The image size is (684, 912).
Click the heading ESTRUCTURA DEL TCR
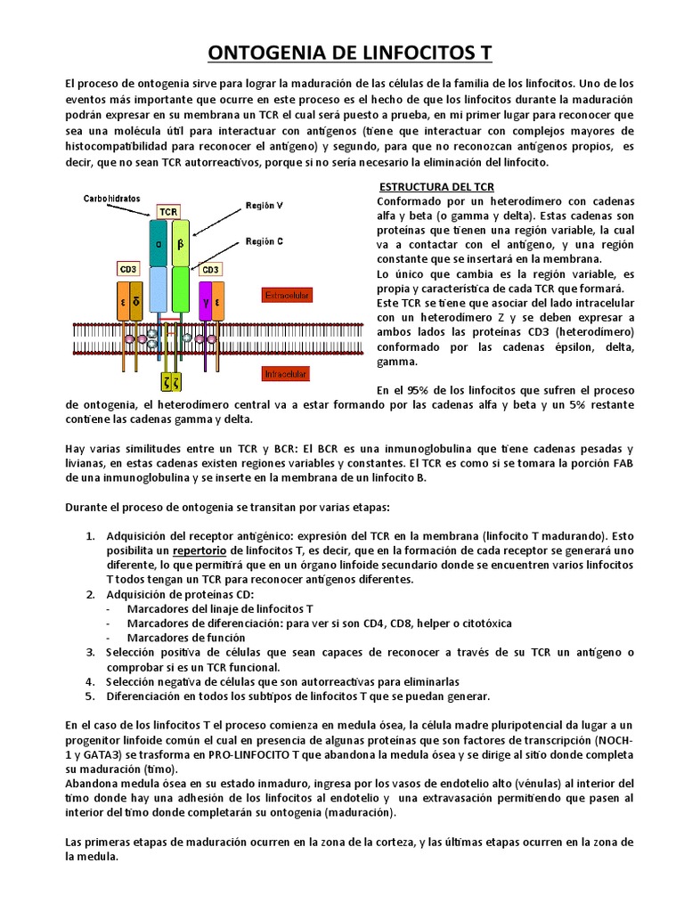tap(436, 187)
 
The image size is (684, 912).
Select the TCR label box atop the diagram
tap(168, 212)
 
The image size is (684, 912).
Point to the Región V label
tap(265, 205)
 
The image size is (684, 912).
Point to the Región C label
tap(265, 241)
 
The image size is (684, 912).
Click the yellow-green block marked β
tap(181, 243)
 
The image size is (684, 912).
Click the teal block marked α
tap(159, 243)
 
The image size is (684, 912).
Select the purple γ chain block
tap(205, 302)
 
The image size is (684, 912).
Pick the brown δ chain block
tap(135, 302)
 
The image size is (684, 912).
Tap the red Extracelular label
tap(286, 294)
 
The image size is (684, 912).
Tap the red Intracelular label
tap(285, 374)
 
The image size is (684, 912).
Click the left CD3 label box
tap(128, 268)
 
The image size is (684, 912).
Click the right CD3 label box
tap(210, 268)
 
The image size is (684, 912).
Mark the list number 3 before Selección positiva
tap(90, 653)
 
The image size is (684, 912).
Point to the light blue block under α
tap(159, 289)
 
